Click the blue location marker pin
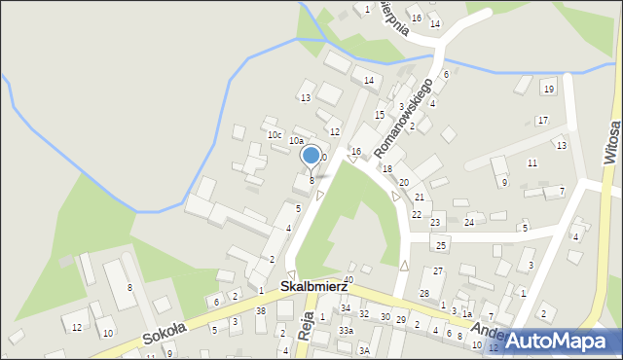311,156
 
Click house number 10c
275,134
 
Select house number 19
549,90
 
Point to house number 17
542,121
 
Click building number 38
260,311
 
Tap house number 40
348,280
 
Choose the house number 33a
345,331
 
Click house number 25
441,245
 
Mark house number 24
469,223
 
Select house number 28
423,294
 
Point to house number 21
419,198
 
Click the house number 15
380,115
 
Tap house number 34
345,308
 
